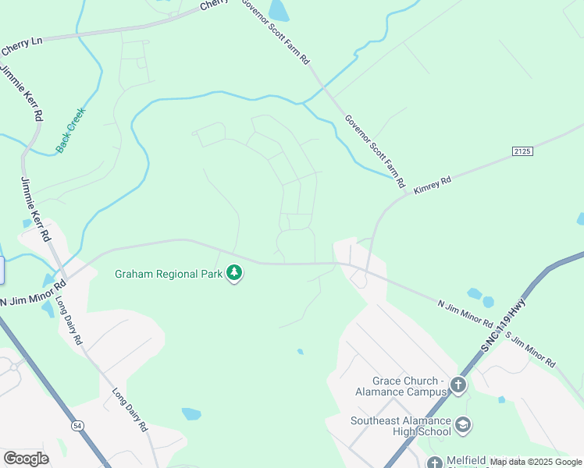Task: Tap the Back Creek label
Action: tap(69, 129)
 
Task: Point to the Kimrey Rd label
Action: tap(433, 184)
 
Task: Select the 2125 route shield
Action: tap(522, 150)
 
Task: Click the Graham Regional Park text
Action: tap(168, 274)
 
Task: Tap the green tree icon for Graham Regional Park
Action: tap(234, 273)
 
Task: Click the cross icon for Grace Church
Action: tap(458, 384)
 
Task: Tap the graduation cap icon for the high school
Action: tap(463, 425)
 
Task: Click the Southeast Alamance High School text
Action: tap(401, 426)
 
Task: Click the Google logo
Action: tap(26, 458)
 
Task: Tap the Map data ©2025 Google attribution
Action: tap(536, 462)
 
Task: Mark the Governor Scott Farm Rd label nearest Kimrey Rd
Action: tap(375, 151)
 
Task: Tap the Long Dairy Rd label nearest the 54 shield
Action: tap(129, 410)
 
